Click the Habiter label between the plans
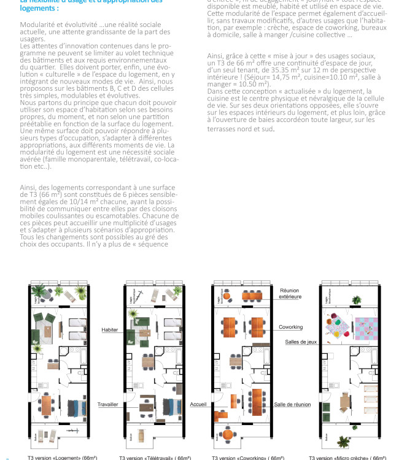pos(110,330)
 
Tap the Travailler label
pos(107,405)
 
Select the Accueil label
pos(198,405)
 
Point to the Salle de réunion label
pos(292,405)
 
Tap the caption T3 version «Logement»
pos(62,458)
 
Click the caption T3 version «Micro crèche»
pos(347,458)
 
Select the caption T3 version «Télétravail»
pos(158,458)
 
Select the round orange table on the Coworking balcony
pos(228,434)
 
